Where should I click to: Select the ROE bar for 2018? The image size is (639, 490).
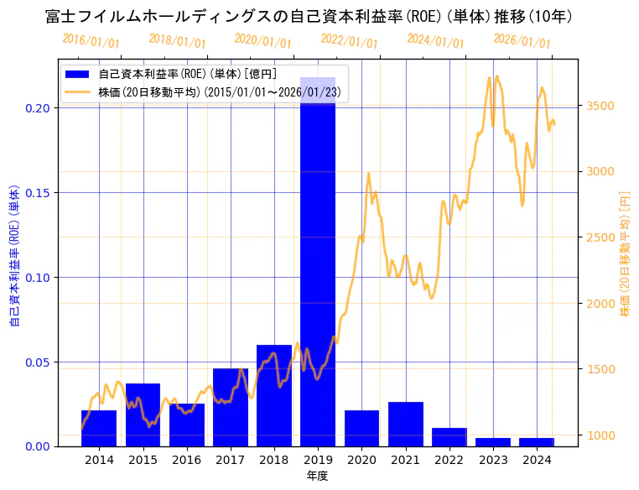point(274,395)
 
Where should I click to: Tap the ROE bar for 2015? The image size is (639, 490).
point(143,414)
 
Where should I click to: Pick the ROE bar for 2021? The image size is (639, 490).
point(406,424)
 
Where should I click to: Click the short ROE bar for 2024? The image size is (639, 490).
point(537,441)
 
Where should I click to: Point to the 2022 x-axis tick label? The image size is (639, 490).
point(449,460)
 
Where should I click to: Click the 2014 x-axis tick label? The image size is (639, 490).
point(99,460)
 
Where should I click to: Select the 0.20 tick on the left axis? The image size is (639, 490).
point(39,108)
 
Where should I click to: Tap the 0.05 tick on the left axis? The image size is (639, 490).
point(39,362)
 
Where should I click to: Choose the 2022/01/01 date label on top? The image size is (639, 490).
point(349,40)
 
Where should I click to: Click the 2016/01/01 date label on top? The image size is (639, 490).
point(91,40)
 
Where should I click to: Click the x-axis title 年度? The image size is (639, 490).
point(317,476)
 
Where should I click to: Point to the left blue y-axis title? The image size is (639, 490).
point(14,252)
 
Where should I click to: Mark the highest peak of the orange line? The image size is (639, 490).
point(497,76)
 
